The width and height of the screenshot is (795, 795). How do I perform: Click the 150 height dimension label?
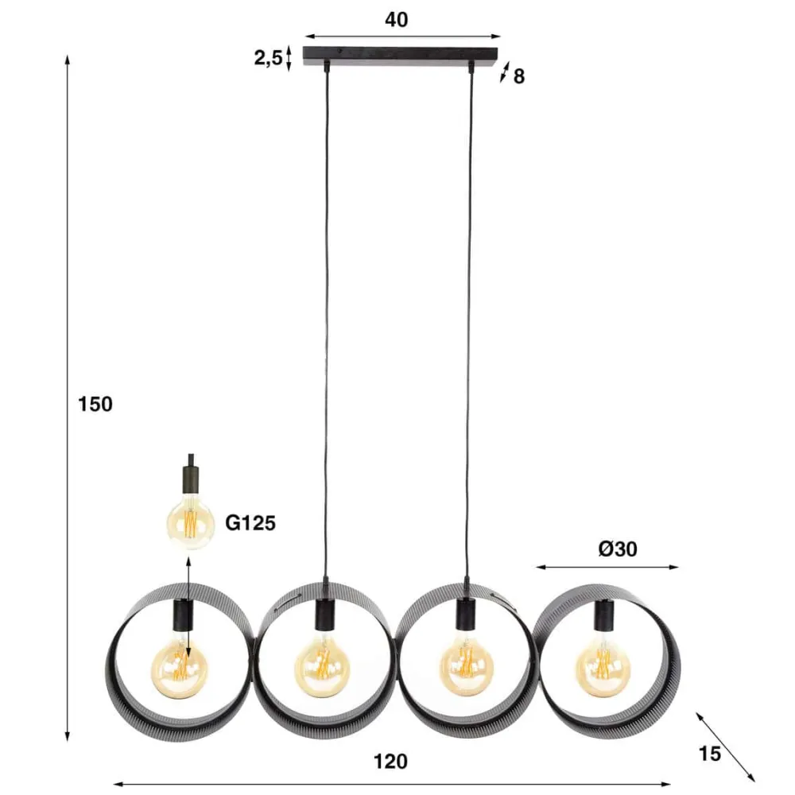pos(96,404)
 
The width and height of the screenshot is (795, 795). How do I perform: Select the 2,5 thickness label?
pos(269,59)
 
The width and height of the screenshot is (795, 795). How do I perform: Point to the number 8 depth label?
pos(519,76)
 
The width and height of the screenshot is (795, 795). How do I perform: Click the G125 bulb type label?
pos(250,523)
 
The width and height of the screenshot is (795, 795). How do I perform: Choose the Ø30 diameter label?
pos(619,548)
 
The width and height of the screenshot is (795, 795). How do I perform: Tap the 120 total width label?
pos(390,761)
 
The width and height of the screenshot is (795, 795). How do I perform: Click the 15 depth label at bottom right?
pos(710,754)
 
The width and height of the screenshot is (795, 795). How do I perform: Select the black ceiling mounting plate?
pos(401,56)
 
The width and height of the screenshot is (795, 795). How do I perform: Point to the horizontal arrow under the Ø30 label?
pos(607,567)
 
